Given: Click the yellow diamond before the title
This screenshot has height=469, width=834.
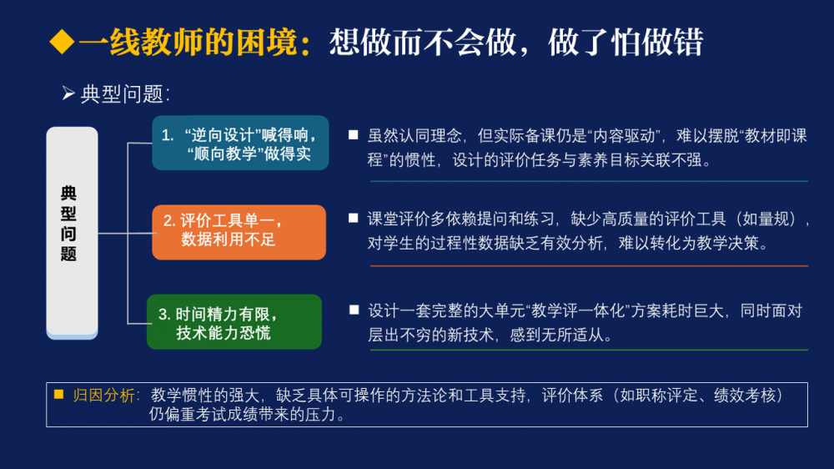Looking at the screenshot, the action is (x=62, y=42).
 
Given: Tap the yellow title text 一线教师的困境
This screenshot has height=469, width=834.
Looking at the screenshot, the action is (x=188, y=43).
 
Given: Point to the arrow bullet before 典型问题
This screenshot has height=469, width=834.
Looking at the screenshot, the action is (x=68, y=93).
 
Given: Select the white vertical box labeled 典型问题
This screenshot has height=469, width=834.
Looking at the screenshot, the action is (x=72, y=233).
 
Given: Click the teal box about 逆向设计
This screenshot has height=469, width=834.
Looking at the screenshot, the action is (x=240, y=143).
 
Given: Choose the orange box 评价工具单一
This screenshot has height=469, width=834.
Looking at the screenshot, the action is (x=239, y=232).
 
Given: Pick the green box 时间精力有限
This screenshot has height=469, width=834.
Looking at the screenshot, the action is (x=234, y=321).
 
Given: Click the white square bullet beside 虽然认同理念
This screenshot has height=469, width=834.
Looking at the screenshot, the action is (x=353, y=135).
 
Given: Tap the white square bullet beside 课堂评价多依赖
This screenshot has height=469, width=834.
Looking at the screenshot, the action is (x=353, y=218).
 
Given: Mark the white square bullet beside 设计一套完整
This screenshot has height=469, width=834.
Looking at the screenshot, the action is (x=354, y=310).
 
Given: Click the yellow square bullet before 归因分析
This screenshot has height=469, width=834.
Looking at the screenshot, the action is (x=59, y=395).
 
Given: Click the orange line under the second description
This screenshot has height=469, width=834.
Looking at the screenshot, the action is (x=589, y=265).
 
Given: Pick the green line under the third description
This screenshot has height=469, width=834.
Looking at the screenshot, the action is (x=589, y=350).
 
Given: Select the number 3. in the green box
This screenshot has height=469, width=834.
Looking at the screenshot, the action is (x=164, y=315).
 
